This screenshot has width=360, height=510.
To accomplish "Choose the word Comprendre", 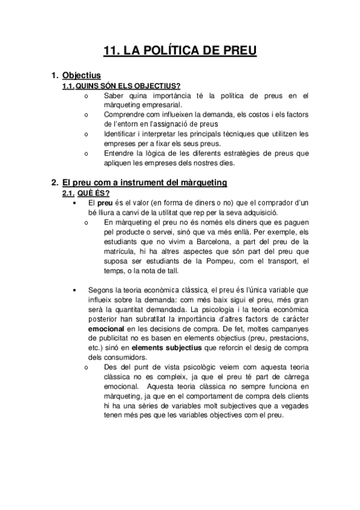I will tap(124, 114).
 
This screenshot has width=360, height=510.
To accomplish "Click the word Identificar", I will tap(121, 133).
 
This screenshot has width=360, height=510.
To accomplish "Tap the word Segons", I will tap(100, 289).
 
